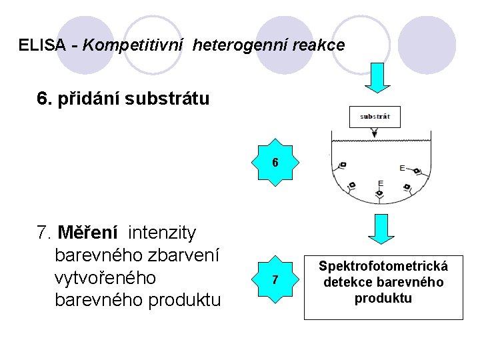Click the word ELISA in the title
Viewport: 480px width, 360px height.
[42, 45]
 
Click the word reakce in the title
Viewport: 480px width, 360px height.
[321, 45]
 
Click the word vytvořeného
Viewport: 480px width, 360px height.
[105, 277]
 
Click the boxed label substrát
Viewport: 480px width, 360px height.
[375, 116]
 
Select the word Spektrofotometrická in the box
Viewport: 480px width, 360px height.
[383, 267]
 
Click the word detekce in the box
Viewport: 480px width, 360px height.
[345, 282]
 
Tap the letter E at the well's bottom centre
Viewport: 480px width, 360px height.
[381, 183]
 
